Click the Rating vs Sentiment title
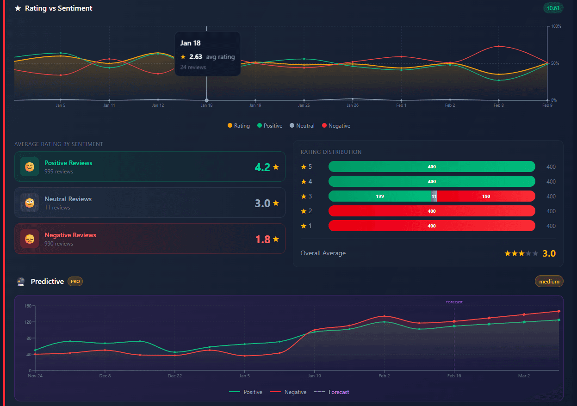58,8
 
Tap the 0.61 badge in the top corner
553,8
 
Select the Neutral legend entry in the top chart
302,126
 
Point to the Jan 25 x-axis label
304,105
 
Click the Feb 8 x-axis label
498,105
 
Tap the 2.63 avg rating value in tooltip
196,57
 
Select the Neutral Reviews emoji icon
30,203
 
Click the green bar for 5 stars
431,167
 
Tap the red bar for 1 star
431,226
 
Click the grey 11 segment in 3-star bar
434,197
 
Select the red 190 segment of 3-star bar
486,197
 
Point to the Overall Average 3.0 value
549,253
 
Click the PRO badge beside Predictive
75,281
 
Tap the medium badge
549,282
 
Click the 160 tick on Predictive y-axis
27,306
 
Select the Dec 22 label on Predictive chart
175,376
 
